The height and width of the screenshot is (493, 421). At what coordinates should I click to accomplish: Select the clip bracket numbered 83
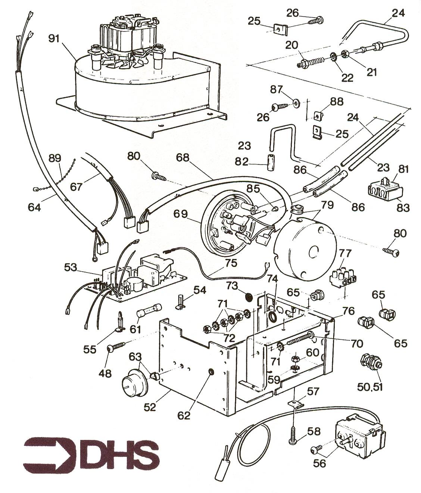tap(383, 191)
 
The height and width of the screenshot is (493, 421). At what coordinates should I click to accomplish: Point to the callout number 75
tap(231, 263)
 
